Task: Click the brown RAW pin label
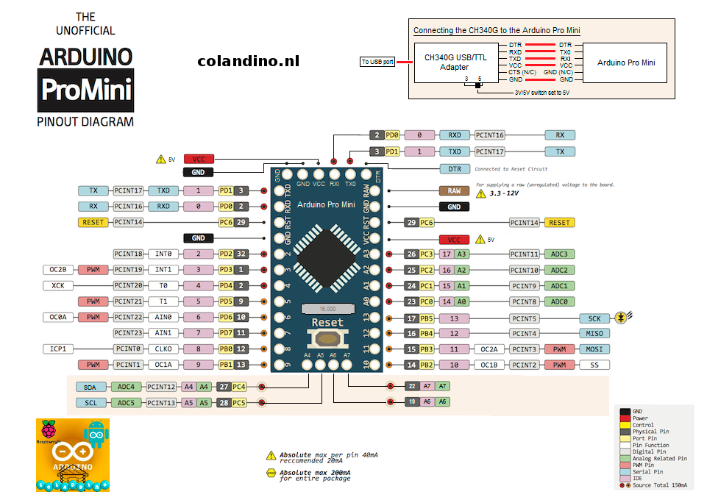454,190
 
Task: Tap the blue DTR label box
454,168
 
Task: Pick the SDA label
90,387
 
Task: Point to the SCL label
90,402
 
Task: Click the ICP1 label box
57,349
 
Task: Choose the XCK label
57,285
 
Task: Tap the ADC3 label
559,254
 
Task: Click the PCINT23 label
128,333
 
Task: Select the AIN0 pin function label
164,317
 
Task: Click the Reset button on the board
327,338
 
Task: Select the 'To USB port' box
377,62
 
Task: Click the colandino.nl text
249,62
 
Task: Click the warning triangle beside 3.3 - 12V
482,194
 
